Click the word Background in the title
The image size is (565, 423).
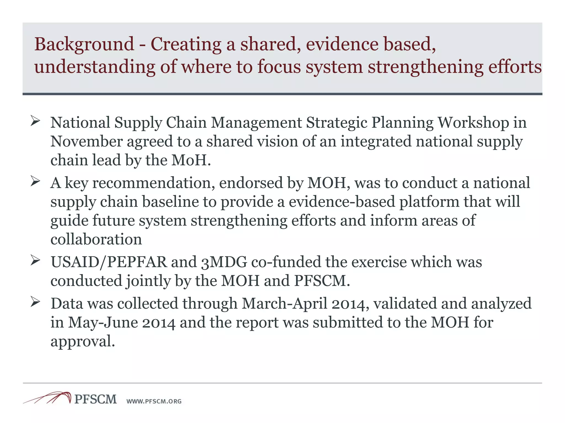click(x=84, y=45)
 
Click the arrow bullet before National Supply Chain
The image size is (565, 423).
click(x=36, y=121)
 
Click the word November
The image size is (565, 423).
click(x=87, y=142)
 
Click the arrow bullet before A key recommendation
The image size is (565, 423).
click(x=36, y=181)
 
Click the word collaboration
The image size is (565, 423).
click(x=96, y=239)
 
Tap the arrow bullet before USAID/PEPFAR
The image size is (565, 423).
click(x=36, y=260)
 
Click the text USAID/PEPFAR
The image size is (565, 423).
click(x=109, y=262)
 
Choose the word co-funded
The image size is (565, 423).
click(x=286, y=262)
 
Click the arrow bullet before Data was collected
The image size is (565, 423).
click(x=36, y=302)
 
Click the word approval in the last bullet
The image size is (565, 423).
click(x=82, y=341)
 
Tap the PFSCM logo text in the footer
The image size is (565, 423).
click(x=95, y=399)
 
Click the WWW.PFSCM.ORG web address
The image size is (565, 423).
click(x=154, y=402)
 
